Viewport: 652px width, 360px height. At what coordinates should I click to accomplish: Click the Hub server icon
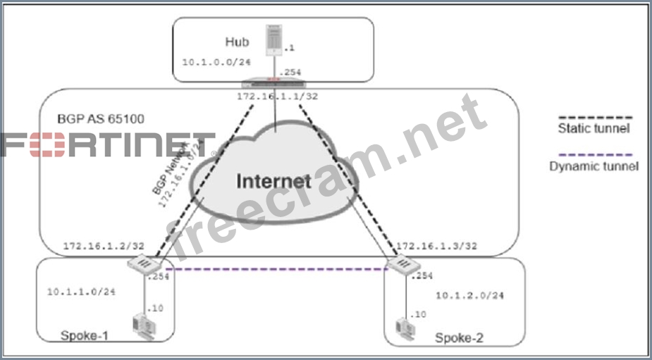[272, 40]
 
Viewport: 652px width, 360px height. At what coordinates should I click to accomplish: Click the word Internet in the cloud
[273, 180]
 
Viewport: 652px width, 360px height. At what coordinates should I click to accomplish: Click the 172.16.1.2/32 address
[104, 247]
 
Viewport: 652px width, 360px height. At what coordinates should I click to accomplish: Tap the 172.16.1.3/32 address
[436, 247]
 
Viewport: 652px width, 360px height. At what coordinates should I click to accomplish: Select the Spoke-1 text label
[84, 335]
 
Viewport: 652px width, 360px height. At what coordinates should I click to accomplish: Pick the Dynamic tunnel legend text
[593, 166]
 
